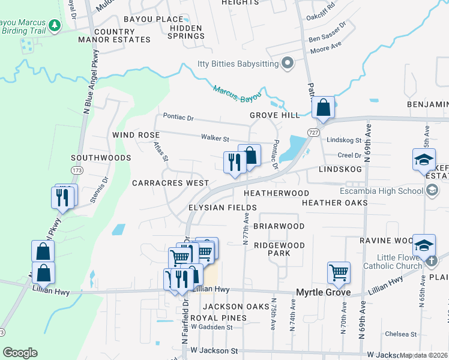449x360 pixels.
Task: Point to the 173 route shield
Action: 76,171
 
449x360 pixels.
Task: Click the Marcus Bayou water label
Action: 237,94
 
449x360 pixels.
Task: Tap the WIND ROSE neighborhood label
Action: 136,135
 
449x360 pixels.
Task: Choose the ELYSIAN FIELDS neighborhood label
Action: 223,207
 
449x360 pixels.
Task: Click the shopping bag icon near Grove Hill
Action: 323,108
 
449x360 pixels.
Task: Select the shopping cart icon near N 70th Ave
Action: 339,272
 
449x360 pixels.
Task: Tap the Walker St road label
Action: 215,137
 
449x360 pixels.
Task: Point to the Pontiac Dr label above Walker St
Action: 178,118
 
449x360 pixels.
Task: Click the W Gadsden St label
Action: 211,327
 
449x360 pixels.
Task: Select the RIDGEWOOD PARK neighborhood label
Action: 279,249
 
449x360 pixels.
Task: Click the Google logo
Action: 20,353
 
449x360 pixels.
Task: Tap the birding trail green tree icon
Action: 55,25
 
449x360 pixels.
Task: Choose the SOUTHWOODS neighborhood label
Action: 101,158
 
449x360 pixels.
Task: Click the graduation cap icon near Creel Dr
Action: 423,159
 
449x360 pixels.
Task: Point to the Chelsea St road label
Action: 401,334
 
